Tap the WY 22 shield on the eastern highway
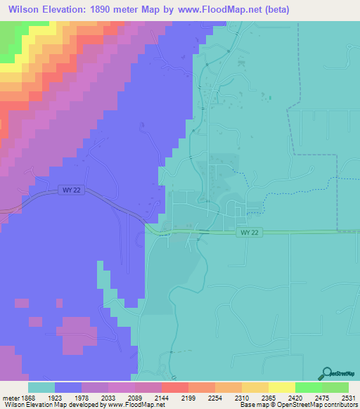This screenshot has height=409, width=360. [249, 233]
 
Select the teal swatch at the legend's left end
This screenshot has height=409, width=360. [41, 388]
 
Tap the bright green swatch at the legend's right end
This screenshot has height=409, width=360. [335, 388]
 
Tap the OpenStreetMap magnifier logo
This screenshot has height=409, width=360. [326, 373]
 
